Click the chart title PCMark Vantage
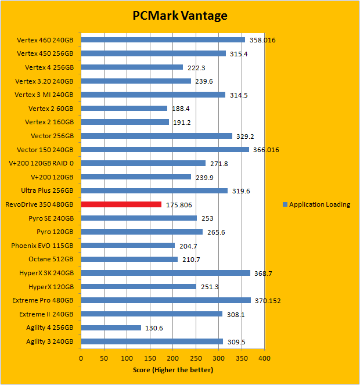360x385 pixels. tap(179, 16)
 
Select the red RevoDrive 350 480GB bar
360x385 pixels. tap(121, 204)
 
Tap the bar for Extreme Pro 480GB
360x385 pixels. tap(166, 300)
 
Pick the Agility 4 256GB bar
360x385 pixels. tap(111, 328)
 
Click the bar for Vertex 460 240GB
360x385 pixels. tap(163, 40)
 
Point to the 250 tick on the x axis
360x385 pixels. tap(196, 358)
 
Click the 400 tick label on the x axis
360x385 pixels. tap(265, 358)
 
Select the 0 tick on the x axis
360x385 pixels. tap(81, 358)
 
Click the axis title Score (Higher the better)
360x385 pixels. tap(172, 370)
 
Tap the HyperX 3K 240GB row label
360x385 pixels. tap(44, 273)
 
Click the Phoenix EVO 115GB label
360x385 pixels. tap(42, 246)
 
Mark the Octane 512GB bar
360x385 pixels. tap(129, 259)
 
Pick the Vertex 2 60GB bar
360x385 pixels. tap(124, 109)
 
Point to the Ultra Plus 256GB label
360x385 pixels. tap(48, 190)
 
